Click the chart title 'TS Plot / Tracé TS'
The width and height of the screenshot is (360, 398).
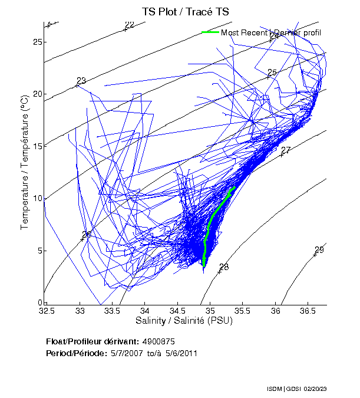(184, 11)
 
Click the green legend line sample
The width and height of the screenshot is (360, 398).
(210, 32)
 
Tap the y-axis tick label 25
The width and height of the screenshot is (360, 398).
(37, 42)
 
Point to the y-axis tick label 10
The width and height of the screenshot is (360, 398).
(37, 198)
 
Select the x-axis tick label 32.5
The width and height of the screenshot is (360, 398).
(47, 310)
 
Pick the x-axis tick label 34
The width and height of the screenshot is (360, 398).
(144, 310)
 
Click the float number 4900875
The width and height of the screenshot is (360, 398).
(158, 341)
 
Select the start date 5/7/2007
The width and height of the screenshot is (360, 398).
(123, 353)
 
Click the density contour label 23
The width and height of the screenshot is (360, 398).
(81, 81)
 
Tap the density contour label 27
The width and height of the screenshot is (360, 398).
(286, 150)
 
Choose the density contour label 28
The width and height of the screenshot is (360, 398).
(224, 267)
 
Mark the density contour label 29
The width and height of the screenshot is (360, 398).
(319, 250)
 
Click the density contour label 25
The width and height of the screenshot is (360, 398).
(272, 73)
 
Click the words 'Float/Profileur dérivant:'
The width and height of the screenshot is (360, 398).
(91, 341)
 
